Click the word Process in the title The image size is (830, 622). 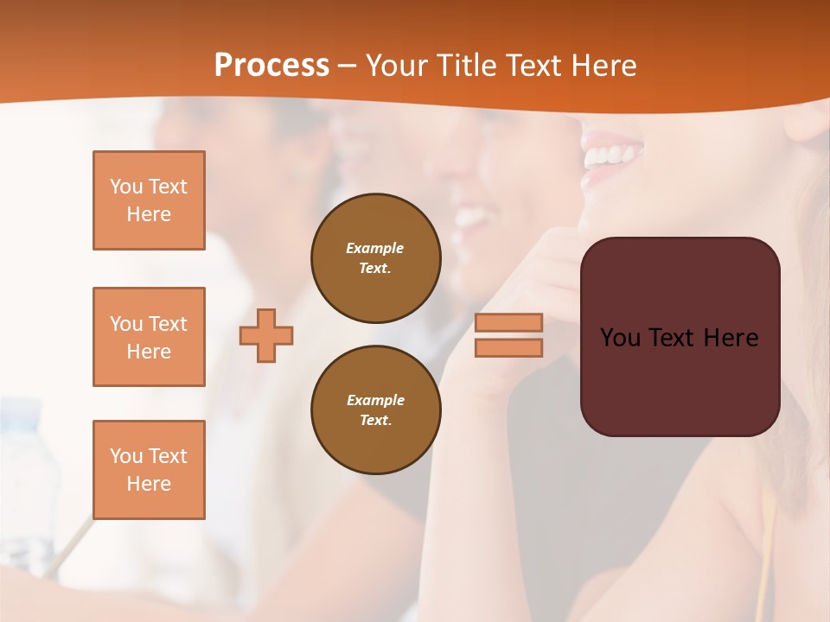pos(271,66)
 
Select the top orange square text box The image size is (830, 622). pos(149,200)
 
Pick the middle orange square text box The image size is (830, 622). pos(149,337)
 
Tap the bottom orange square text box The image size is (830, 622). pos(149,469)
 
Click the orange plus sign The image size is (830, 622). pos(266,335)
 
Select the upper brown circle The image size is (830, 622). pos(375,258)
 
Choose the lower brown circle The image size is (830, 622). pos(375,410)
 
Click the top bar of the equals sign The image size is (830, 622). pos(508,322)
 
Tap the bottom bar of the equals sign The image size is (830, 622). pos(508,348)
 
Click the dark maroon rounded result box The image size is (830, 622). pos(680,380)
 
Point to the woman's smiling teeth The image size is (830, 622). pos(612,156)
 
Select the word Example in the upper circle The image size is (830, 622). pos(375,248)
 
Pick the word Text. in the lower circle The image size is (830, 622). pos(375,421)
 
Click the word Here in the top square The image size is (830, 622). pos(149,214)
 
